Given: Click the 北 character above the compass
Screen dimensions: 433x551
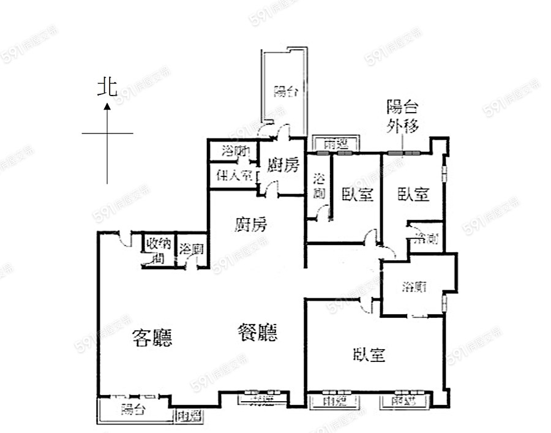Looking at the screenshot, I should (x=107, y=88).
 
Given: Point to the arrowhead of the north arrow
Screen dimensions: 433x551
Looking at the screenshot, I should (x=107, y=107).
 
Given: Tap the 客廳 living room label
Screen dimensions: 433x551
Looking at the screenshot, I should (x=152, y=337).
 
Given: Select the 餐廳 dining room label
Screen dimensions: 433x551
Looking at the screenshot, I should (x=257, y=333).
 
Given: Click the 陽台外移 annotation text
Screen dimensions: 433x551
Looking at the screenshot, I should (x=402, y=118).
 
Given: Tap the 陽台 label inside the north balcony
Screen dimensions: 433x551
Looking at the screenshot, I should (x=285, y=92).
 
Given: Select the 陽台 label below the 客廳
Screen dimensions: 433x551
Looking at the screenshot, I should (x=132, y=410).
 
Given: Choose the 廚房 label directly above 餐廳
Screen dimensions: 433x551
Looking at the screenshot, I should (x=251, y=225).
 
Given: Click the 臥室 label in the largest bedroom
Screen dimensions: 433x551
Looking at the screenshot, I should (x=369, y=354).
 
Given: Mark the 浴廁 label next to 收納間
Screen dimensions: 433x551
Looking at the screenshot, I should (x=191, y=249).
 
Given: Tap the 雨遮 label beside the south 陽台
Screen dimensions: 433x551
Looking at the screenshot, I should (x=189, y=416).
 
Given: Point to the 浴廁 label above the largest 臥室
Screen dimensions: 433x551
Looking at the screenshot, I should (x=414, y=286).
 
